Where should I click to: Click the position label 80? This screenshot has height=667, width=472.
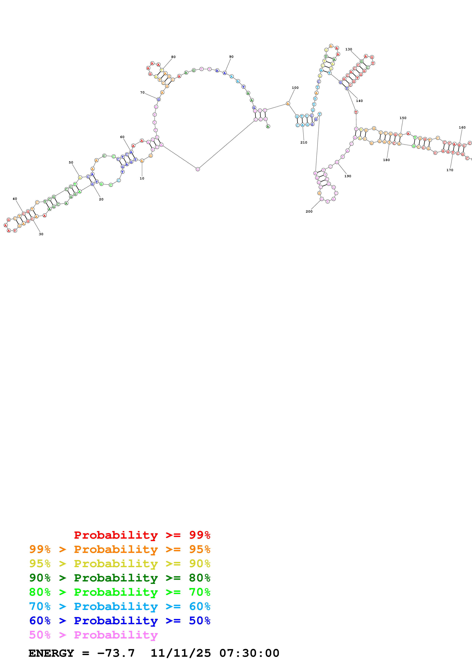click(x=173, y=57)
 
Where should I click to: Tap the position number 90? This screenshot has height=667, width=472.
click(x=231, y=57)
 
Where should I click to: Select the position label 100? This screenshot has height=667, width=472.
click(x=295, y=88)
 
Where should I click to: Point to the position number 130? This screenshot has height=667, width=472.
click(x=348, y=49)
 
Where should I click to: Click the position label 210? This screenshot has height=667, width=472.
click(x=304, y=142)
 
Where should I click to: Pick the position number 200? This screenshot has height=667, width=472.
click(x=309, y=211)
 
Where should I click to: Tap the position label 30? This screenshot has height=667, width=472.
click(x=41, y=234)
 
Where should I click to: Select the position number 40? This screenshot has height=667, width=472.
click(x=15, y=199)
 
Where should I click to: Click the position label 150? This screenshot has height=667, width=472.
click(x=403, y=118)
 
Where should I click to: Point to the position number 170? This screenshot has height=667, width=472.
click(x=450, y=170)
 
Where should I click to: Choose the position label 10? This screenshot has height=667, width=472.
click(x=142, y=178)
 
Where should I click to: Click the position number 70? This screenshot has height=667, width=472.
click(x=142, y=93)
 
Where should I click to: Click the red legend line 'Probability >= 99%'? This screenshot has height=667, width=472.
click(x=142, y=535)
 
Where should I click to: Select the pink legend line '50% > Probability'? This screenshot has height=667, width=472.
click(x=93, y=635)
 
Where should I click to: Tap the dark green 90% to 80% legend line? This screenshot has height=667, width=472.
click(x=120, y=578)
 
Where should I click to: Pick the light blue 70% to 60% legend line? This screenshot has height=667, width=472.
click(x=120, y=606)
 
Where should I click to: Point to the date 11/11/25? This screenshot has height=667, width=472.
click(x=181, y=653)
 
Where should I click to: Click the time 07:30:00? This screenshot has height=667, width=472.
click(x=249, y=653)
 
